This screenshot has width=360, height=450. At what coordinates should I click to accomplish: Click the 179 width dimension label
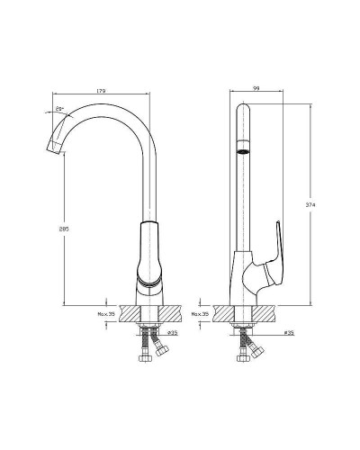104,89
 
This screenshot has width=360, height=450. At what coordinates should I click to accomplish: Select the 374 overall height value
310,204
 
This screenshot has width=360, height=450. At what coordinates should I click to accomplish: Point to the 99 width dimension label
256,89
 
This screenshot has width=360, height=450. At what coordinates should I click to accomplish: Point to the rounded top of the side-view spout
240,110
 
